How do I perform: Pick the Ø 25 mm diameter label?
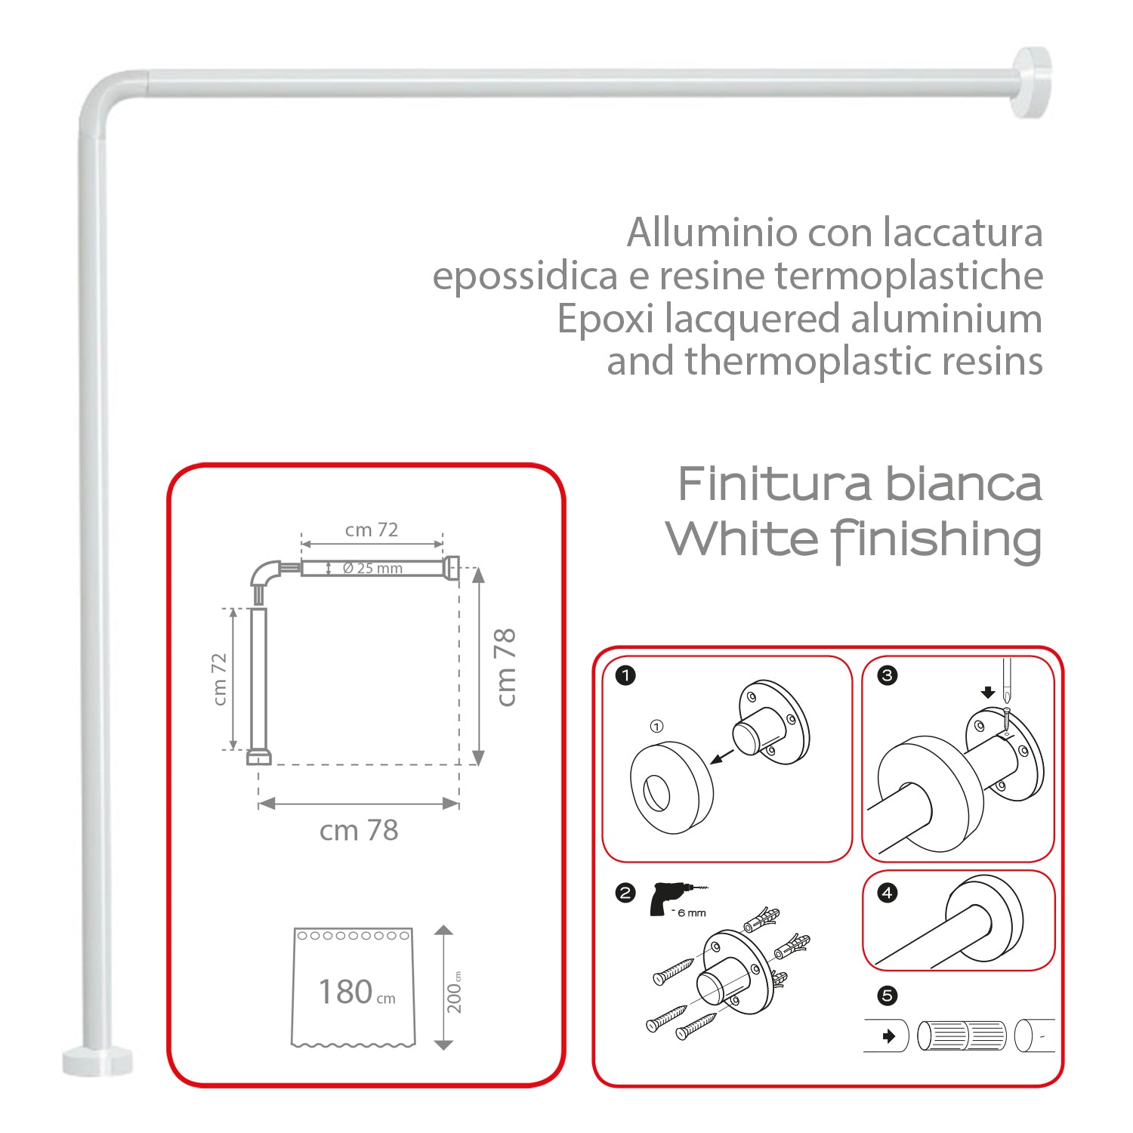pos(372,568)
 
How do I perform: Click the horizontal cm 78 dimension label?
pos(359,830)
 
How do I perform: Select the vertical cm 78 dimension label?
pos(505,667)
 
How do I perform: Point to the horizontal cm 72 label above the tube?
pos(372,530)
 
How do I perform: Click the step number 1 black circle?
pos(625,675)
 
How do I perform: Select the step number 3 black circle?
pos(888,675)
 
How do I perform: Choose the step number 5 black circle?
pos(888,996)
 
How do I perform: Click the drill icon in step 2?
pos(668,898)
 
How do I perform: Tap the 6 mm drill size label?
pos(691,913)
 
